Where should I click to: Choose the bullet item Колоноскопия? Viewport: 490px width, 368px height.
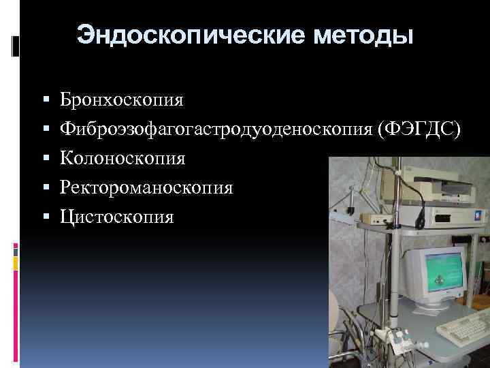(122, 158)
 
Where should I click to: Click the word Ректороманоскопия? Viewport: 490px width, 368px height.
(146, 187)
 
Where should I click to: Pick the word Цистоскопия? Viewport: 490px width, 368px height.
(116, 217)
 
